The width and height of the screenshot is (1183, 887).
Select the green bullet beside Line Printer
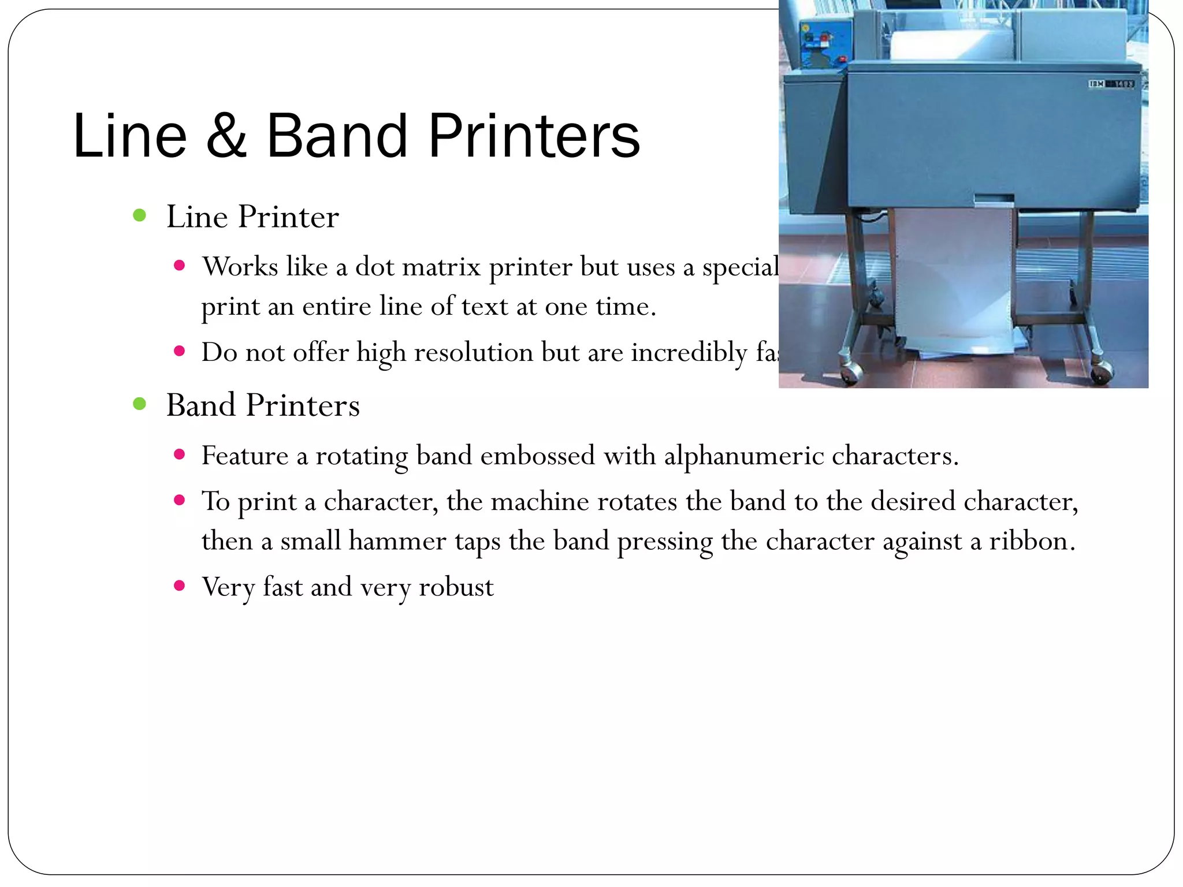pos(139,215)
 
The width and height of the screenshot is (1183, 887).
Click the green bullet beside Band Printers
pos(139,404)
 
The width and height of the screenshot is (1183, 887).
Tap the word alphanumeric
pos(743,456)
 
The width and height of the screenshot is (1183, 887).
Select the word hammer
pos(397,541)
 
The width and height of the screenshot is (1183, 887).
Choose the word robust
pos(456,587)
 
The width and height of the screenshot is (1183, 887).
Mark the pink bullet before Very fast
pos(179,586)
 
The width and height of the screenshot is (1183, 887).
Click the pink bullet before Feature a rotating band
pos(179,454)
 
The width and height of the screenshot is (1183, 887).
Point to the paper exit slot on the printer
pos(994,200)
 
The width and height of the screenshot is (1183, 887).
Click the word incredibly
pos(689,352)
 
